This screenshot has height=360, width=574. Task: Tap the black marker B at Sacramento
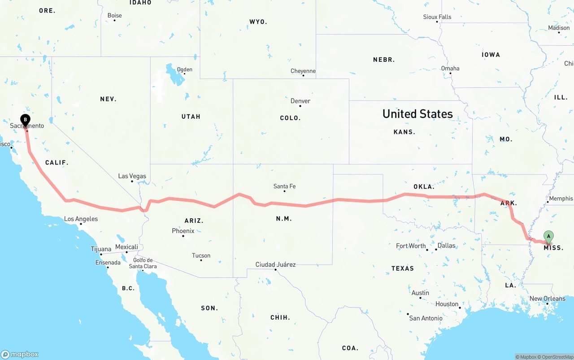[x=26, y=120]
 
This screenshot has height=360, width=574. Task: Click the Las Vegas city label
[x=132, y=176]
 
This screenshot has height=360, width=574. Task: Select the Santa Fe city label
[x=284, y=187]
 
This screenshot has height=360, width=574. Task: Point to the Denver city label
[x=300, y=101]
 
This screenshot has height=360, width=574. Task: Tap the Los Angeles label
[x=81, y=219]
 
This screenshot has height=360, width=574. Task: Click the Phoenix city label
[x=183, y=231]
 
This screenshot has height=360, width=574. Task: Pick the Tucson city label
[x=201, y=256]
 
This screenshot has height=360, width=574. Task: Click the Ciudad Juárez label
[x=275, y=265]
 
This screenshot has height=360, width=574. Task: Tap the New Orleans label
[x=547, y=299]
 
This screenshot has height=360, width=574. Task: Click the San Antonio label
[x=426, y=318]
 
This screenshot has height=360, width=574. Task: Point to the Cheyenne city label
[x=303, y=71]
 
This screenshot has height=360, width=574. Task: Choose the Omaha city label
[x=450, y=69]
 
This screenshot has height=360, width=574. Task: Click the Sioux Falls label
[x=437, y=17]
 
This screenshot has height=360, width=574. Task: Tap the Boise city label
[x=114, y=16]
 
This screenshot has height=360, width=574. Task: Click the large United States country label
[x=417, y=114]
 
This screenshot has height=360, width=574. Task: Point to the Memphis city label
[x=561, y=199]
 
